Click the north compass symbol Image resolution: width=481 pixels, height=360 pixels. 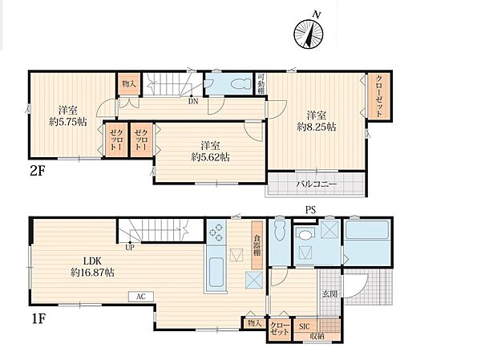pyautogui.click(x=309, y=34)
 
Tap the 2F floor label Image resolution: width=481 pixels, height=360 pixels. pyautogui.click(x=38, y=171)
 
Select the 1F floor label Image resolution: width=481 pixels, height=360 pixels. pyautogui.click(x=38, y=319)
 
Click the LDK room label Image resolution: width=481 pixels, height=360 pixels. pyautogui.click(x=92, y=261)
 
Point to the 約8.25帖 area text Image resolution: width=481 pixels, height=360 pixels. pyautogui.click(x=317, y=127)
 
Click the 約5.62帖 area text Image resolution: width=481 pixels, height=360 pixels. pyautogui.click(x=210, y=157)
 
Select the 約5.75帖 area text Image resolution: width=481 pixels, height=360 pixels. pyautogui.click(x=68, y=122)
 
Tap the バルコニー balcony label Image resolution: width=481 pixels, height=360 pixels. pyautogui.click(x=317, y=184)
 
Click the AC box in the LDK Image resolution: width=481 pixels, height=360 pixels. pyautogui.click(x=141, y=297)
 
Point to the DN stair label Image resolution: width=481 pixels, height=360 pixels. pyautogui.click(x=193, y=101)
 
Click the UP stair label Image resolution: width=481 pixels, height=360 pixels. pyautogui.click(x=130, y=248)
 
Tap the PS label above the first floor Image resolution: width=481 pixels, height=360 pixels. pyautogui.click(x=310, y=210)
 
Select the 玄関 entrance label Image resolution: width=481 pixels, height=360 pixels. pyautogui.click(x=329, y=294)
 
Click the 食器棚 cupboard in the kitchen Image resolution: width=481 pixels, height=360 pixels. pyautogui.click(x=257, y=245)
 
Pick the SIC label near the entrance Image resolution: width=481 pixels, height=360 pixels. pyautogui.click(x=304, y=326)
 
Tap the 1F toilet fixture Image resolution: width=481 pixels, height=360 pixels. pyautogui.click(x=279, y=231)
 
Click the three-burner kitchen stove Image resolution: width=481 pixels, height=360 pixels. pyautogui.click(x=216, y=232)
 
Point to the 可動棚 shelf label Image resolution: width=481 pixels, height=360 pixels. pyautogui.click(x=261, y=83)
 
